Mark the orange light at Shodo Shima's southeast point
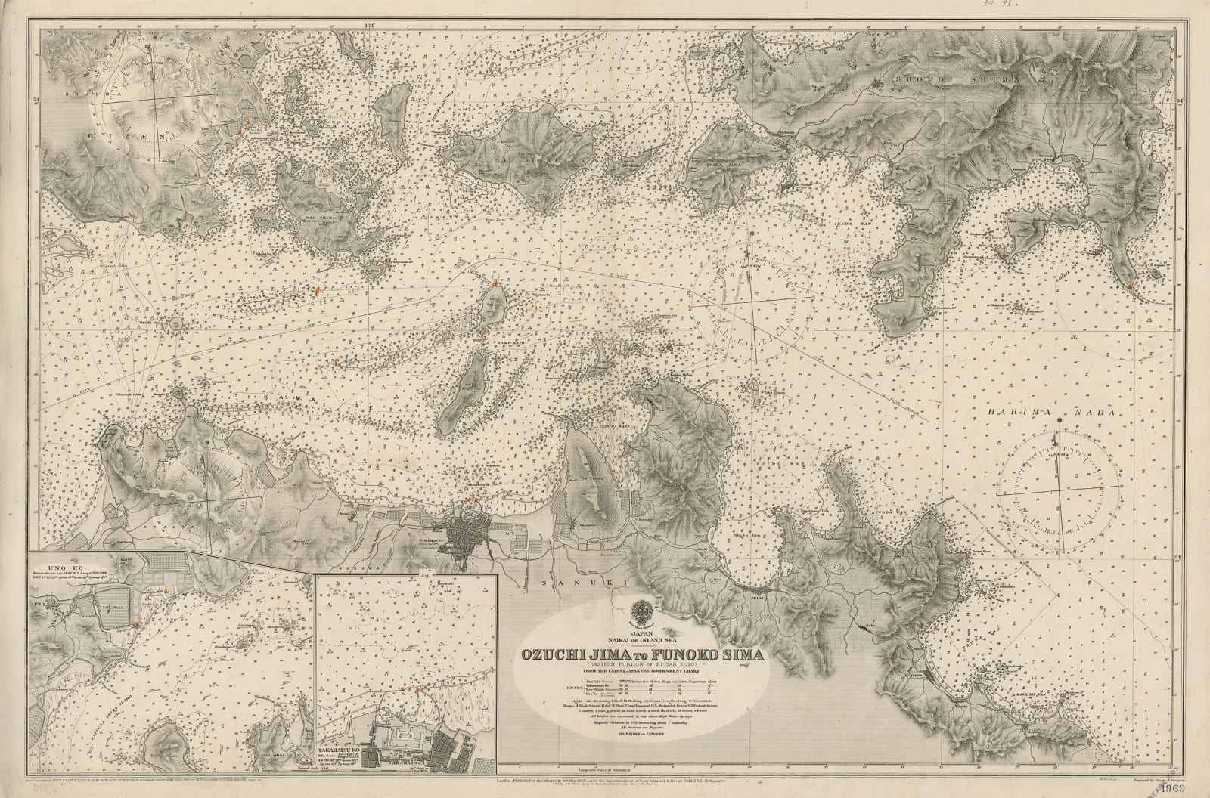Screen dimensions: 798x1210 point(1129,286)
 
